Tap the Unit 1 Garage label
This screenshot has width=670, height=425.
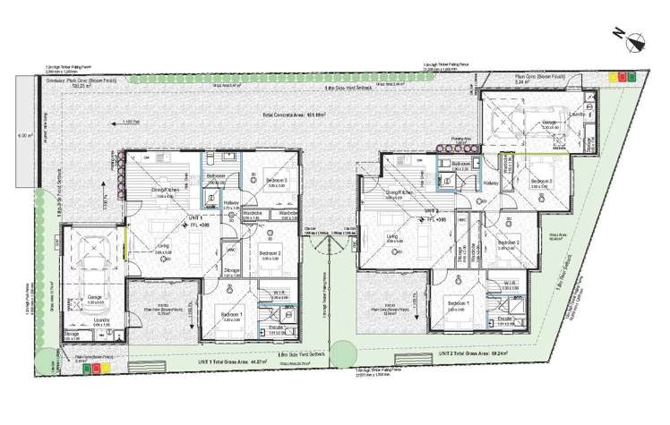coord(94,298)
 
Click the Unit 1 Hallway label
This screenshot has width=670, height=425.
coord(228,202)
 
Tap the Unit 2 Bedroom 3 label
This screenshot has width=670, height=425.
coord(539,182)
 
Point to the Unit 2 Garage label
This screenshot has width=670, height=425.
coord(551,123)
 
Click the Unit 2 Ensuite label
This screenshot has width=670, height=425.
coord(504,319)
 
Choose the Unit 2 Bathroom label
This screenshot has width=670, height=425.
coord(462,166)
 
